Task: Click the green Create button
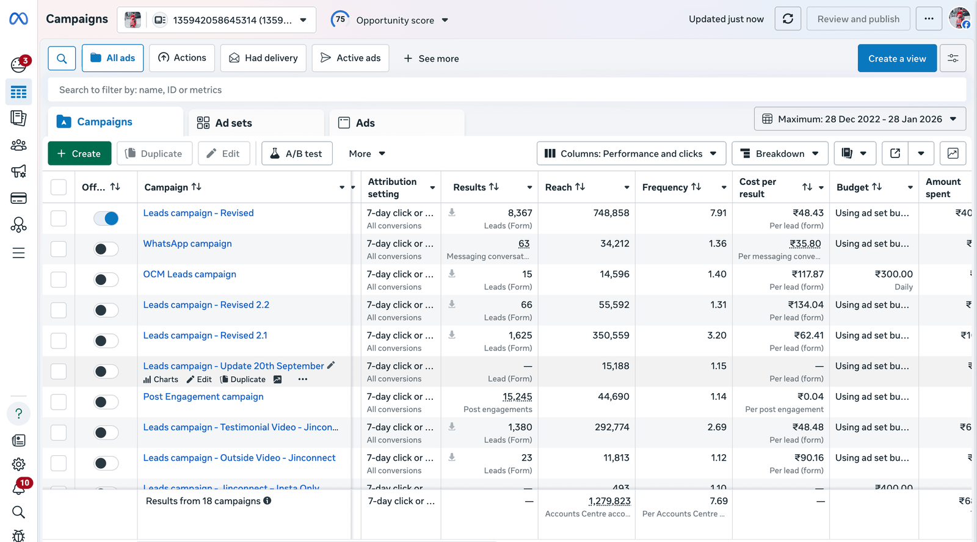(79, 154)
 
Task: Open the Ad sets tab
(233, 123)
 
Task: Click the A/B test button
(297, 154)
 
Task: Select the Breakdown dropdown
(780, 154)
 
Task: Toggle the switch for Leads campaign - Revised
(106, 219)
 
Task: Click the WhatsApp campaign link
(187, 244)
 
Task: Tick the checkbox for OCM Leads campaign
(59, 280)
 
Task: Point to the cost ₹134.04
(805, 305)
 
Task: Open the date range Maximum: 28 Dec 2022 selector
(860, 119)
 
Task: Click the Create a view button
(896, 59)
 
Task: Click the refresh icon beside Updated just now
(788, 19)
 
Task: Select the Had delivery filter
(263, 58)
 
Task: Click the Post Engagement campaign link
(203, 397)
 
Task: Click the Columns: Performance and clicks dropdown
(631, 154)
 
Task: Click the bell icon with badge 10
(18, 488)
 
